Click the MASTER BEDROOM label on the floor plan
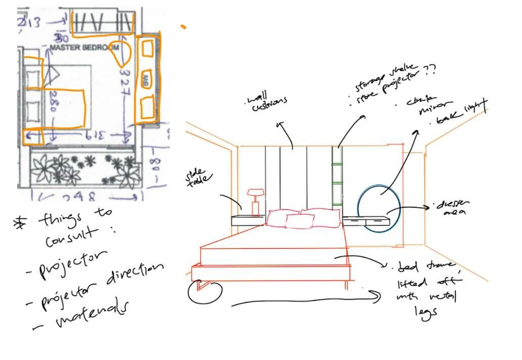(x=84, y=48)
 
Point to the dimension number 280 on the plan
(x=51, y=107)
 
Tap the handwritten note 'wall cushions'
(x=266, y=102)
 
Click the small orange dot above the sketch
(x=183, y=26)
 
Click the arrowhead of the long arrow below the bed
(x=378, y=297)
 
